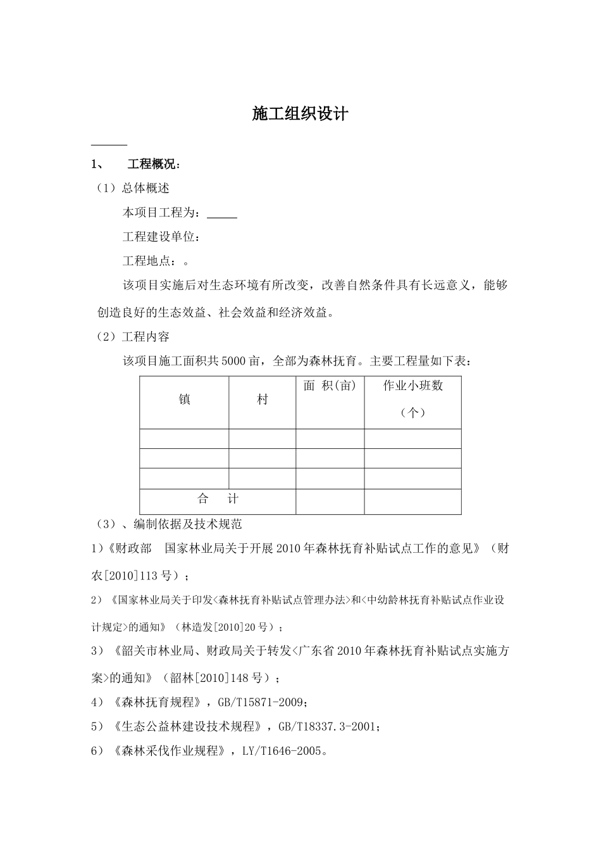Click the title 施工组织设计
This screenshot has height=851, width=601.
(300, 114)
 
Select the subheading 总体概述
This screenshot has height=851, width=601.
(146, 188)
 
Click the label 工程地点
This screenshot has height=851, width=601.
(148, 262)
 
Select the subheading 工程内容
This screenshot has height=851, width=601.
(146, 337)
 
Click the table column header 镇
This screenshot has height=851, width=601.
(184, 400)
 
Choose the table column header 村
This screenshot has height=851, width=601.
(262, 400)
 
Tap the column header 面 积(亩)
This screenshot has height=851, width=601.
(330, 386)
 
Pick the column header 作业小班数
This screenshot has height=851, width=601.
(412, 386)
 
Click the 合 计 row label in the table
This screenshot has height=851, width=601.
(218, 499)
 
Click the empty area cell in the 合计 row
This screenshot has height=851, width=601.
(330, 501)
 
